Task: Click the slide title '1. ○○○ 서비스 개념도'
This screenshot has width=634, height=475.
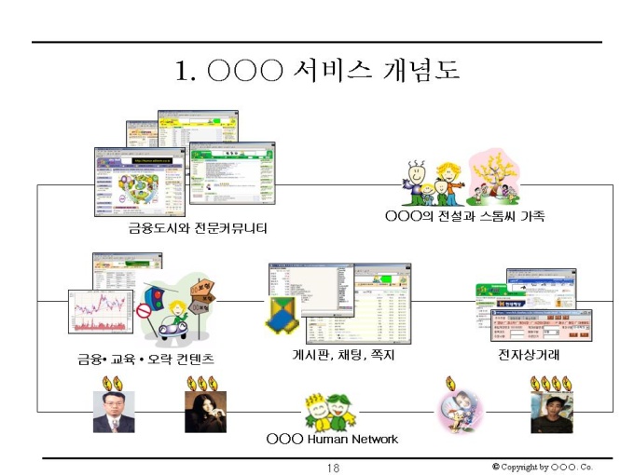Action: pos(318,72)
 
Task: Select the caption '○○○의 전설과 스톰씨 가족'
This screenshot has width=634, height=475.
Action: pos(464,216)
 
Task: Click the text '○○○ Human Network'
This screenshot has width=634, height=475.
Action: pos(332,439)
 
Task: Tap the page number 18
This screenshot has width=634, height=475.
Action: pos(333,467)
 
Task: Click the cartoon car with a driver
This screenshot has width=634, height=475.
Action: pos(177,322)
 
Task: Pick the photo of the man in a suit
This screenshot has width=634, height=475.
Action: pos(113,412)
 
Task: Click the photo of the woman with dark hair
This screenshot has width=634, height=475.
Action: pos(204,412)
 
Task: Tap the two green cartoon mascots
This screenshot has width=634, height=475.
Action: pos(329,412)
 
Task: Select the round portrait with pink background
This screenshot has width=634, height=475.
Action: pos(461,410)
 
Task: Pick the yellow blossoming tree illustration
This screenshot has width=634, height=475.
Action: pos(500,173)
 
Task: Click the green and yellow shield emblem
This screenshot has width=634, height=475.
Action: pos(283,315)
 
